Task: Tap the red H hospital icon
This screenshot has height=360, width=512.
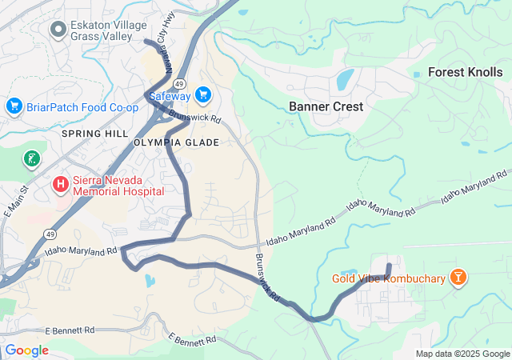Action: (61, 185)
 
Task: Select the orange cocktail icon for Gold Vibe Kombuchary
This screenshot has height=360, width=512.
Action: (458, 278)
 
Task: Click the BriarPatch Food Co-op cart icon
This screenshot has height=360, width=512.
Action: (14, 106)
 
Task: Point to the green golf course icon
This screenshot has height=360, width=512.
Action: (32, 158)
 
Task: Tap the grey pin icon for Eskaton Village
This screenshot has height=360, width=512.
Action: (58, 30)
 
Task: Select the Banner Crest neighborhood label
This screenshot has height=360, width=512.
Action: (326, 106)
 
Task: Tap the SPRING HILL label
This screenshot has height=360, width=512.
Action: (94, 134)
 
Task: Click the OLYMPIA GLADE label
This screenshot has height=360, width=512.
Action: (176, 142)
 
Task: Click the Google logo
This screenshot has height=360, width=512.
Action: (26, 350)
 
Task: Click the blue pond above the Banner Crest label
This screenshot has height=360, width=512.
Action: (345, 79)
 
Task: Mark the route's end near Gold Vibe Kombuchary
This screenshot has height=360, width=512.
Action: (389, 266)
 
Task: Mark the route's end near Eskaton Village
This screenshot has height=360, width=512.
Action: (146, 40)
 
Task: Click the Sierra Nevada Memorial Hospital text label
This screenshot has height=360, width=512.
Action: (118, 186)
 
